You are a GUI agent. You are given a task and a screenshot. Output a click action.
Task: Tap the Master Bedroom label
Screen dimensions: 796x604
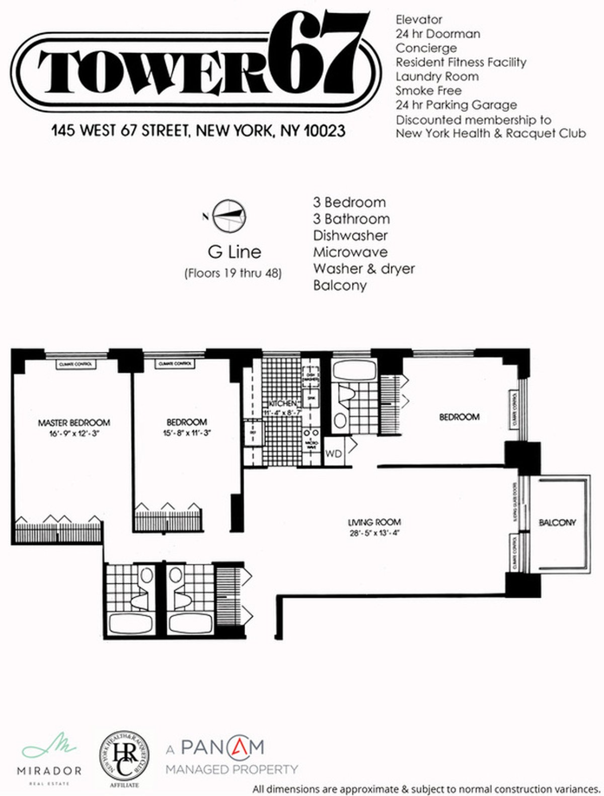[74, 422]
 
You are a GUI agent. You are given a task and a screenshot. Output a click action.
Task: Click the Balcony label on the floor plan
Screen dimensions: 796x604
[557, 523]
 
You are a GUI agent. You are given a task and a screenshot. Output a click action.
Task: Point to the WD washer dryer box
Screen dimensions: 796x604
[333, 453]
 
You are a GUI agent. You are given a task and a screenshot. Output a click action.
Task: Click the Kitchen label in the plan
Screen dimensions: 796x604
[282, 404]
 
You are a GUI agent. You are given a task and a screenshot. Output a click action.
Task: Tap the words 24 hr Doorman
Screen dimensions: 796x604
[437, 34]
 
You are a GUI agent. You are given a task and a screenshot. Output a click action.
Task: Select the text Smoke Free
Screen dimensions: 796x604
[428, 91]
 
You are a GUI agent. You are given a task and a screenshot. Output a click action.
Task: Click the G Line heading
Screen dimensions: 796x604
[234, 252]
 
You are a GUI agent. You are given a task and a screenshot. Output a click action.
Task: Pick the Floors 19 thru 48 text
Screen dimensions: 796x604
[233, 273]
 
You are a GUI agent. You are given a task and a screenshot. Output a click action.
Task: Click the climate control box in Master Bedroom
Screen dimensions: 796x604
[75, 364]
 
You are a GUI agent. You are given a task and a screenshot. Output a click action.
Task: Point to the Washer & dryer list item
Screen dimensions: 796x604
[363, 268]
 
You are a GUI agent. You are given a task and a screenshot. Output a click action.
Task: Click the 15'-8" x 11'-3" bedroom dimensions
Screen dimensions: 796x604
[187, 432]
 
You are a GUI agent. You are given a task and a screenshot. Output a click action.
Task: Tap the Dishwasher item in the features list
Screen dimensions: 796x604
[350, 235]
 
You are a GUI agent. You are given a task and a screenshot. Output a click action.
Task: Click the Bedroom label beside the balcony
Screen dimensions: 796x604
[459, 417]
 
